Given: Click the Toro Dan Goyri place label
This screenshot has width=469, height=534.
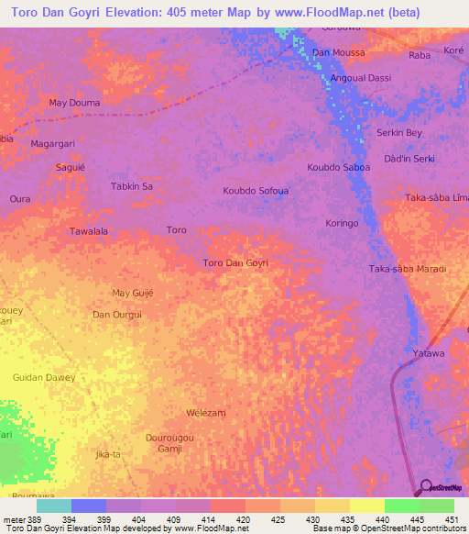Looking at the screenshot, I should [x=234, y=263].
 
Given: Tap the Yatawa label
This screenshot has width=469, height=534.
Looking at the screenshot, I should [x=428, y=353].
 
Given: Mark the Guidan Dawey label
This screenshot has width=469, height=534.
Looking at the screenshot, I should [x=44, y=377].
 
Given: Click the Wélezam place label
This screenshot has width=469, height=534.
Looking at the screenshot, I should [x=205, y=413].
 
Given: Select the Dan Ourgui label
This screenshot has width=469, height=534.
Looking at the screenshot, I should [x=116, y=315].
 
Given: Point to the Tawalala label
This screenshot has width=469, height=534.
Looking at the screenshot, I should [x=89, y=231].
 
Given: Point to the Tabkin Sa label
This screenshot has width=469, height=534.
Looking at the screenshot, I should [x=131, y=186].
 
